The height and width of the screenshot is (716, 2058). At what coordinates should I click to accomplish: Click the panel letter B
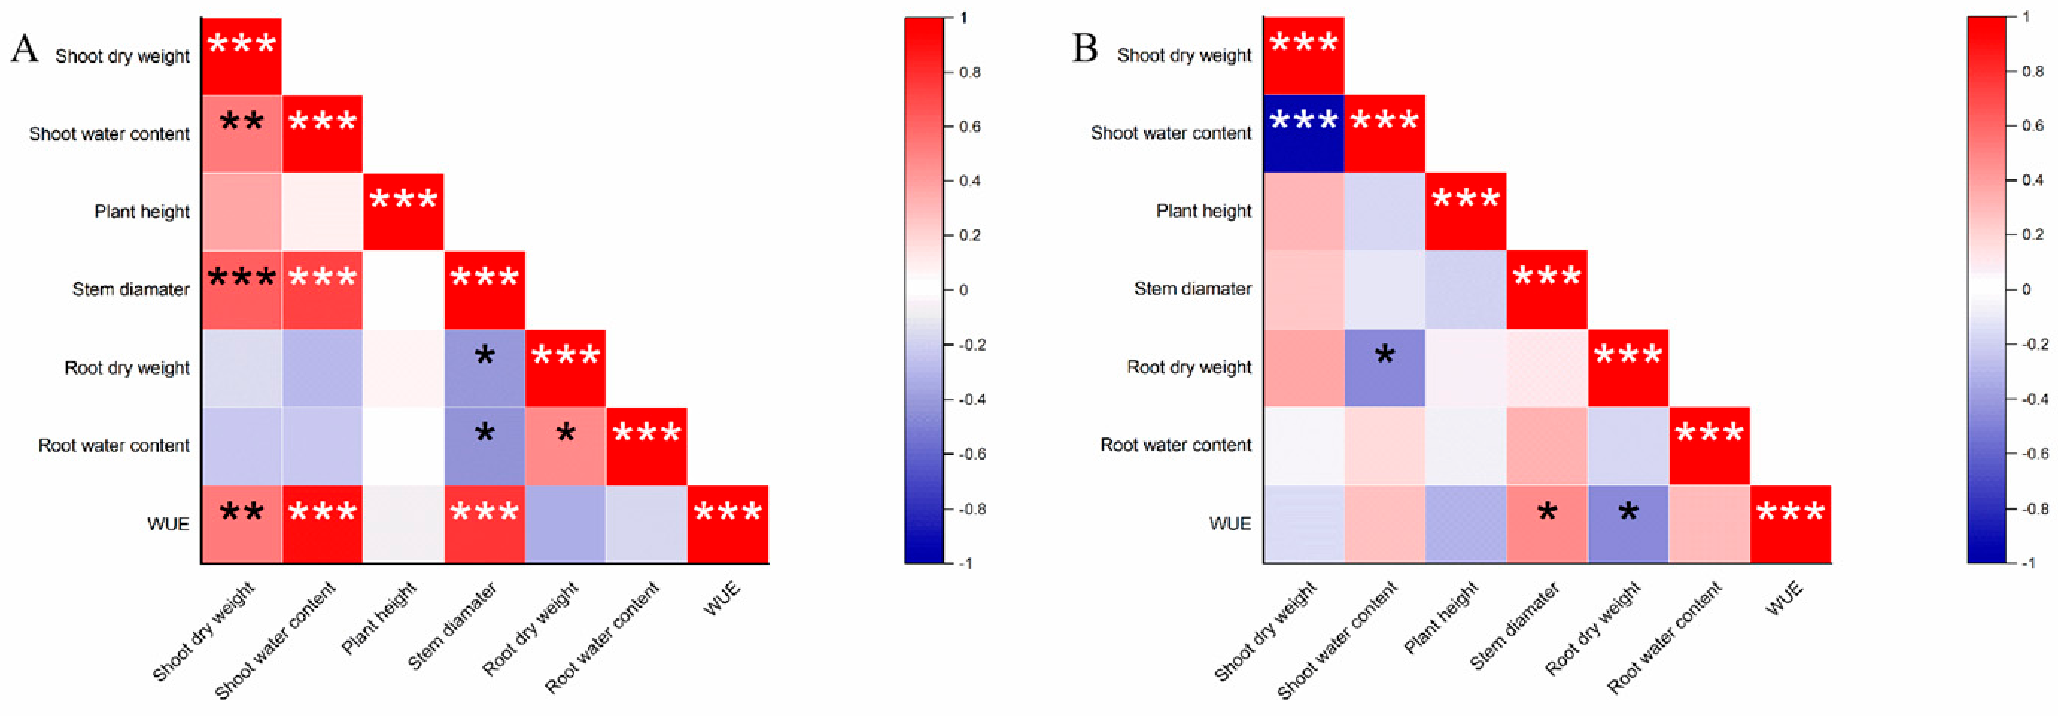pos(1085,48)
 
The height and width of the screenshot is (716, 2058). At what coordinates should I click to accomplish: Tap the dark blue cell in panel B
pos(1304,133)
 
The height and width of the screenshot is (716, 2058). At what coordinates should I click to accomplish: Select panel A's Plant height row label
pos(142,212)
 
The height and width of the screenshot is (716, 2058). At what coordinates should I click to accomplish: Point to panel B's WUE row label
pos(1230,525)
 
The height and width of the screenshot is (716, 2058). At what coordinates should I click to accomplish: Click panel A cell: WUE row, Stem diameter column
pos(485,525)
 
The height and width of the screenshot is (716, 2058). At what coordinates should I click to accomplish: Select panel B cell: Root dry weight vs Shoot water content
pos(1384,367)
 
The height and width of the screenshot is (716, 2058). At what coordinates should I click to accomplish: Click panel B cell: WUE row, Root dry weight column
pos(1628,525)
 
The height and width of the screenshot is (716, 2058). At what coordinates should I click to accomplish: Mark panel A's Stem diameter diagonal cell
pos(485,290)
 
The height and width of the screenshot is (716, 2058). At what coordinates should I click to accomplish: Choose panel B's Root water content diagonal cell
pos(1710,446)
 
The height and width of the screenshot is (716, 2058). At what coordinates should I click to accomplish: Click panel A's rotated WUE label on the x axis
pos(722,599)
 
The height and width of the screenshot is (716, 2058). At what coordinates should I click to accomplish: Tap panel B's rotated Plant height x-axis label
pos(1442,617)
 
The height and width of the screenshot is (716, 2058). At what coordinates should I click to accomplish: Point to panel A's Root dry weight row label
pos(127,368)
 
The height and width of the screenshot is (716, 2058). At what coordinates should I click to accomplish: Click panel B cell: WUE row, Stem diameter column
pos(1548,525)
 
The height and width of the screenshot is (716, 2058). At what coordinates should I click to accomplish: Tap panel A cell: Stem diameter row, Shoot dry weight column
pos(241,290)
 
